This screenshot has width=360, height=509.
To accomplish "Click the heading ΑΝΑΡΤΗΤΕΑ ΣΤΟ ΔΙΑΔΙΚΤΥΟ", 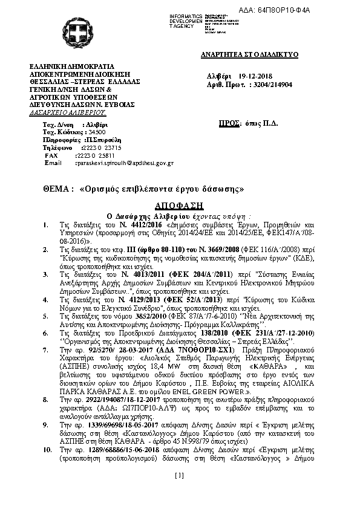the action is pyautogui.click(x=249, y=54).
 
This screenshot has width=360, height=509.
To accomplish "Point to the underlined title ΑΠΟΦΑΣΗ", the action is pyautogui.click(x=180, y=205).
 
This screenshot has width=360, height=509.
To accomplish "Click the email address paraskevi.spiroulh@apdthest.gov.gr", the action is pyautogui.click(x=124, y=163).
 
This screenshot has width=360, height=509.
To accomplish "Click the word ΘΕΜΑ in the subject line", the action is pyautogui.click(x=57, y=189).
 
